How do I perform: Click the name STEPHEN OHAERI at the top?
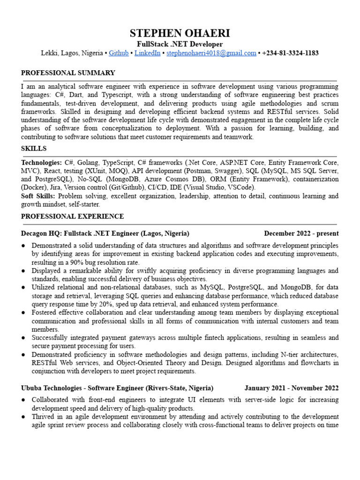(x=180, y=34)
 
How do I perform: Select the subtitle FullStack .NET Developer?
(x=180, y=44)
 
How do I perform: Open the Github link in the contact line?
(x=119, y=53)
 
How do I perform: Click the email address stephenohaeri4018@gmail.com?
(x=211, y=53)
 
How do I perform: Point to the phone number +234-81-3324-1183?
(x=291, y=53)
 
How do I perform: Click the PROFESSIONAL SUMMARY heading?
(x=68, y=73)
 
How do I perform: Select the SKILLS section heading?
(x=34, y=149)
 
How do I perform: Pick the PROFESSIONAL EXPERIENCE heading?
(x=73, y=217)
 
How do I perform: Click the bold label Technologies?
(x=41, y=162)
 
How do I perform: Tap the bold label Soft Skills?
(x=38, y=196)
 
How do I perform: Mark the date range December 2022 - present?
(x=301, y=233)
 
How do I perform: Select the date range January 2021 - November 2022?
(x=291, y=388)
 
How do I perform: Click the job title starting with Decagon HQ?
(x=105, y=233)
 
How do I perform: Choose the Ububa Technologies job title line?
(x=117, y=388)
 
